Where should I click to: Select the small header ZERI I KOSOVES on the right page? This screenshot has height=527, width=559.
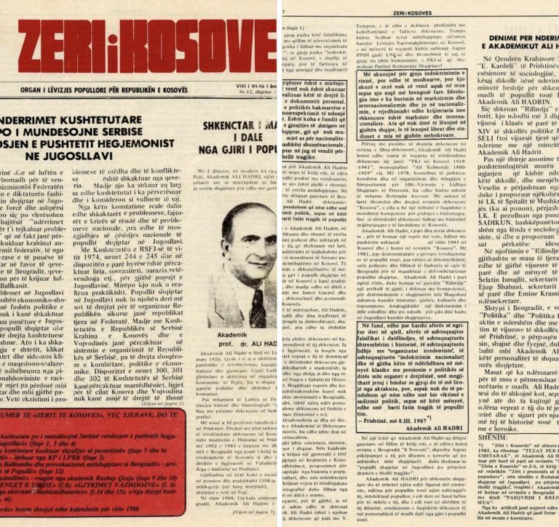tap(419, 13)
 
